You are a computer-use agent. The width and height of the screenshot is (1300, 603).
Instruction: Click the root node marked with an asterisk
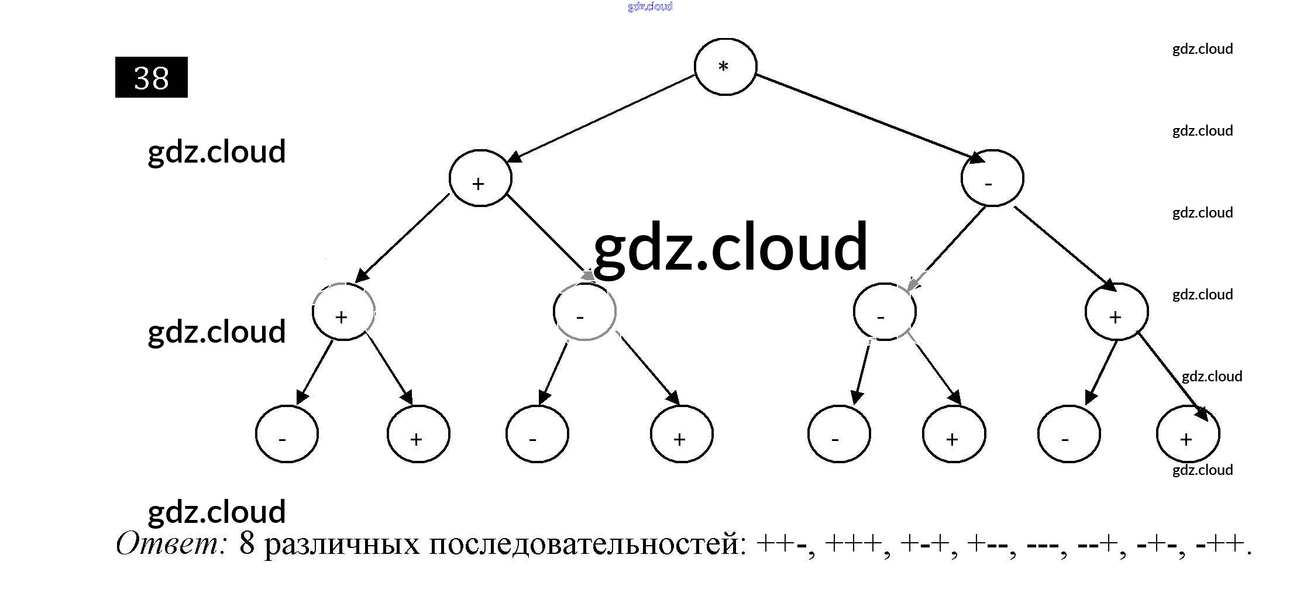(725, 67)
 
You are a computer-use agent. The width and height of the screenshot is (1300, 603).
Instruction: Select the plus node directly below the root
(480, 178)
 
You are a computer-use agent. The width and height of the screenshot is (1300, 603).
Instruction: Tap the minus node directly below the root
(992, 178)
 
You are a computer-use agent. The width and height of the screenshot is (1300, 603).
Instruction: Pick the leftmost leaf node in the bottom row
(287, 434)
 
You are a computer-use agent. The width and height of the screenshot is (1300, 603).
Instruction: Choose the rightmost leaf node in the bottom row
(1188, 434)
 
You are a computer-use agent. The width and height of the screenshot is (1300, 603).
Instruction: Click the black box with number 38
(151, 77)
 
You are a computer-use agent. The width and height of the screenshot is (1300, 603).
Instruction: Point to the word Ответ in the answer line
(171, 544)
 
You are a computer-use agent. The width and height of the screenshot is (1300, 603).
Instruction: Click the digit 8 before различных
(247, 544)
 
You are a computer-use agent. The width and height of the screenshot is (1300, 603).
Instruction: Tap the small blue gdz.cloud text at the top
(649, 6)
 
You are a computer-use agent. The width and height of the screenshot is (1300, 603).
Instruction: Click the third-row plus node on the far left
(343, 312)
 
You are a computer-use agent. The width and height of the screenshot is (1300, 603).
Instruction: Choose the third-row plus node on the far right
(1116, 312)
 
